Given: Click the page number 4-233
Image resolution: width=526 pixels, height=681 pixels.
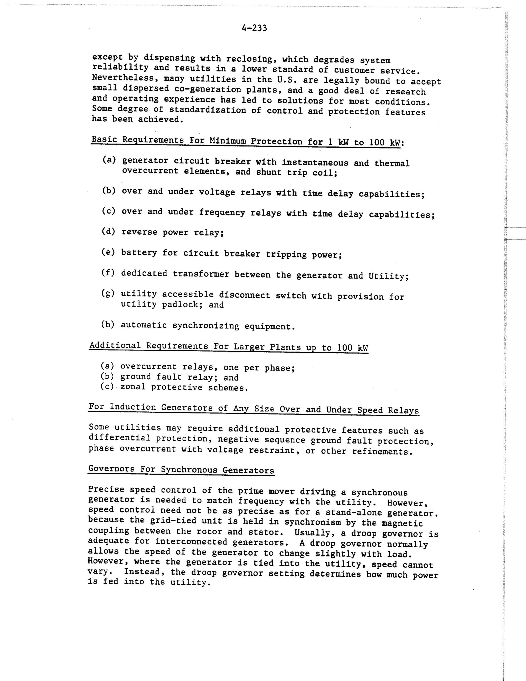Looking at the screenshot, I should click(x=254, y=28).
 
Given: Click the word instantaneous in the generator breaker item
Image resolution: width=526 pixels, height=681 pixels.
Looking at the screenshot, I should click(x=315, y=162).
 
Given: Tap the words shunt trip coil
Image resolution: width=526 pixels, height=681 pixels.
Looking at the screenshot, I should click(x=296, y=172).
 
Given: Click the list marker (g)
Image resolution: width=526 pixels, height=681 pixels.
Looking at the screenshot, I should click(x=108, y=293).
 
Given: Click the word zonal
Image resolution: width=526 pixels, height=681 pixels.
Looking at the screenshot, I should click(x=133, y=387).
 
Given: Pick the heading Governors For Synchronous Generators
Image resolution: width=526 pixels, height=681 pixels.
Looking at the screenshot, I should click(x=181, y=470).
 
